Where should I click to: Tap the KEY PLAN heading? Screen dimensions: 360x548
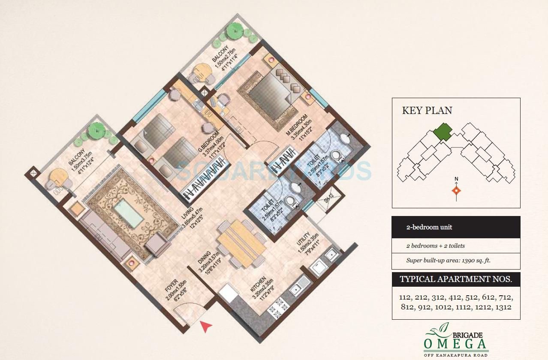pyautogui.click(x=427, y=110)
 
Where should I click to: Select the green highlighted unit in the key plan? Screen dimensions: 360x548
pyautogui.click(x=442, y=132)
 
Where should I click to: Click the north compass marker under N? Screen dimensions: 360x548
pyautogui.click(x=457, y=191)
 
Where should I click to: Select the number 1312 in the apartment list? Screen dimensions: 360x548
pyautogui.click(x=502, y=307)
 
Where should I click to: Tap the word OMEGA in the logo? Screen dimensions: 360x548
pyautogui.click(x=456, y=344)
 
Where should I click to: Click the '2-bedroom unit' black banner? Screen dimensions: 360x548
pyautogui.click(x=456, y=227)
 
